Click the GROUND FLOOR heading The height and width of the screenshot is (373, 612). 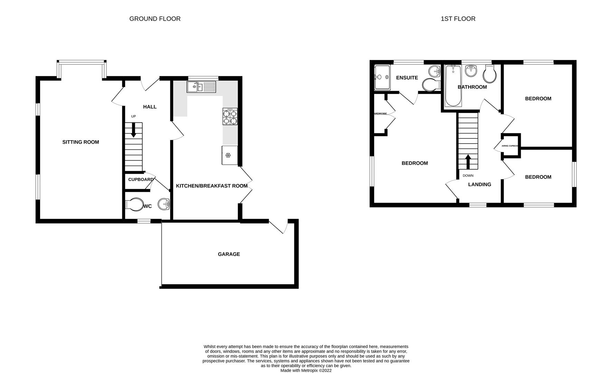click(x=155, y=19)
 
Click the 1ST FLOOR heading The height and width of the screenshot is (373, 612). click(x=458, y=19)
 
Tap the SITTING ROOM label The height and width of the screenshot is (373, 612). click(x=81, y=142)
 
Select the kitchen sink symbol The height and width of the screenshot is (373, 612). click(x=201, y=86)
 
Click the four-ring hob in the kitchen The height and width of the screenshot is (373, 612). click(x=230, y=117)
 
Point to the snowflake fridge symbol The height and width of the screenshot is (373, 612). click(x=228, y=155)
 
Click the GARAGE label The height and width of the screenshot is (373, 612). click(x=229, y=254)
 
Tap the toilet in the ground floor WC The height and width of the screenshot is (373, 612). click(x=134, y=205)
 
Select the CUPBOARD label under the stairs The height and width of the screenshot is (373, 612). click(x=141, y=180)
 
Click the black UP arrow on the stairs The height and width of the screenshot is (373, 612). click(x=133, y=130)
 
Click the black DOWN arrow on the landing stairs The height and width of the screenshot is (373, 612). click(x=468, y=161)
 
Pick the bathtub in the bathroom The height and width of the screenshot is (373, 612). click(x=453, y=86)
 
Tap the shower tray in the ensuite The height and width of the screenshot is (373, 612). click(x=382, y=77)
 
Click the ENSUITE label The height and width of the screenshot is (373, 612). click(x=407, y=78)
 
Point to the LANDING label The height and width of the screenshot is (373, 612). click(x=479, y=184)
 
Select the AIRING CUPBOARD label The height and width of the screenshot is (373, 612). click(x=510, y=146)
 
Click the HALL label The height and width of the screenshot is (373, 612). click(x=150, y=107)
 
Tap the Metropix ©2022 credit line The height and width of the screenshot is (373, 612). click(x=306, y=370)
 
